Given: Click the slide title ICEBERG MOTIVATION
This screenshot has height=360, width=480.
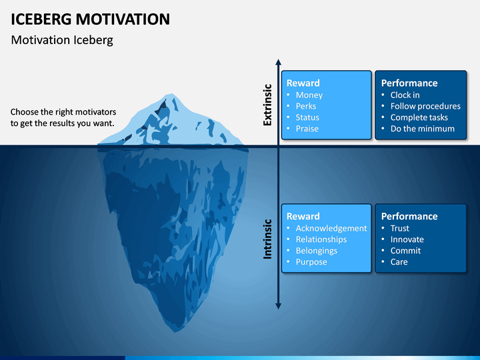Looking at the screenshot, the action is click(x=90, y=19).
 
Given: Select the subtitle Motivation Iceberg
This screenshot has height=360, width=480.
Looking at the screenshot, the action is click(x=62, y=40).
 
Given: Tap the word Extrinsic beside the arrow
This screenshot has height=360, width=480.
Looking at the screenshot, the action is click(x=267, y=105).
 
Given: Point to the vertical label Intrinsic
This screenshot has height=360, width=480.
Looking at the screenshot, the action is click(x=267, y=239).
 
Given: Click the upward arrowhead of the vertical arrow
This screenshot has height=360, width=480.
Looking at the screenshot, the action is click(x=278, y=62).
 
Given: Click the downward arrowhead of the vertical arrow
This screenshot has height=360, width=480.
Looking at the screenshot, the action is click(x=278, y=306).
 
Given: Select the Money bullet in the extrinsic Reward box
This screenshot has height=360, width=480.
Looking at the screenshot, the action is click(x=309, y=95).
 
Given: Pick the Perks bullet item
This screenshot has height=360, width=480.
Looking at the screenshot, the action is click(x=306, y=106).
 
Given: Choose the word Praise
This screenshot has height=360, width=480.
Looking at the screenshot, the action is click(x=307, y=129).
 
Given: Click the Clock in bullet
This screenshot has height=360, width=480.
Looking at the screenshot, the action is click(x=405, y=95).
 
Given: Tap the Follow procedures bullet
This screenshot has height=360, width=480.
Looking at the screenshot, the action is click(x=425, y=106).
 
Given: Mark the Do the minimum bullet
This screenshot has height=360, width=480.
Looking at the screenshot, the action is click(x=423, y=129).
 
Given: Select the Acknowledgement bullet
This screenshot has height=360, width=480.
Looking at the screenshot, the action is click(x=331, y=229).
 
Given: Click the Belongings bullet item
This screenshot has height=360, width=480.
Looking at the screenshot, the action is click(x=317, y=251).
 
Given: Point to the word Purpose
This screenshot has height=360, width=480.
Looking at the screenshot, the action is click(x=311, y=262).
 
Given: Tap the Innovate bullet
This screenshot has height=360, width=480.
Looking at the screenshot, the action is click(x=407, y=239).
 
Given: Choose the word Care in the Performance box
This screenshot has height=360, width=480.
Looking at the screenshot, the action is click(x=399, y=262).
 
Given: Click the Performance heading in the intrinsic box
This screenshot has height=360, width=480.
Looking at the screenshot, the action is click(x=409, y=216).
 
